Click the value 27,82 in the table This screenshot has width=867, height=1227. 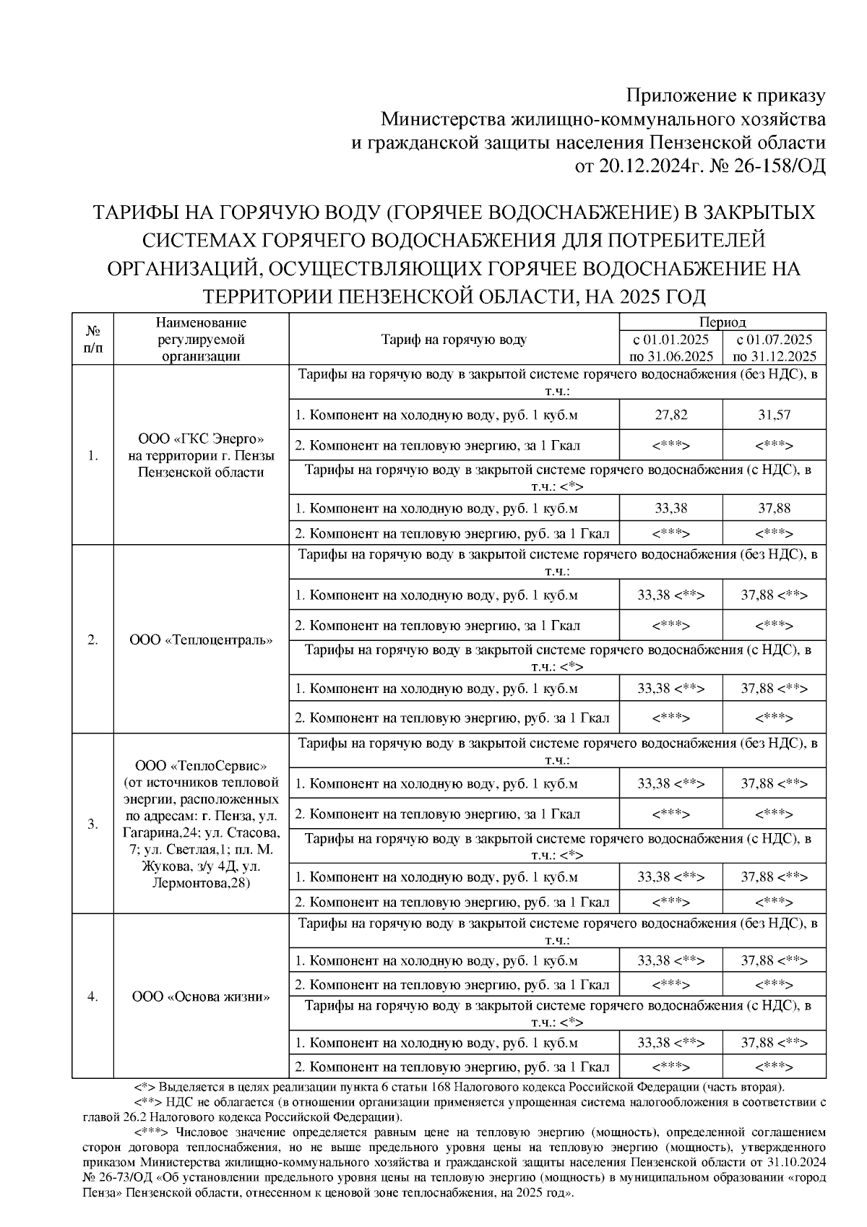[x=670, y=415]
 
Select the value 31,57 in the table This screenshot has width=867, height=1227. [x=774, y=415]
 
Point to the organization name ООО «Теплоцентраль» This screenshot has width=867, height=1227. [x=202, y=640]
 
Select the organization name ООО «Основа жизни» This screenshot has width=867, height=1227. [x=202, y=996]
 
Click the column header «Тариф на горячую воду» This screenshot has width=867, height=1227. [x=454, y=340]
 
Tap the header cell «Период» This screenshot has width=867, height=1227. [x=722, y=322]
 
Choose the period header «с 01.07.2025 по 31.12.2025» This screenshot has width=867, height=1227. [x=774, y=348]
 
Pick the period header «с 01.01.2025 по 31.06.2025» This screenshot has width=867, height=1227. [x=670, y=348]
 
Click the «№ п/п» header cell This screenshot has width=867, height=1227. [x=92, y=340]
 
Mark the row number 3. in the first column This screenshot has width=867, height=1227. [x=92, y=824]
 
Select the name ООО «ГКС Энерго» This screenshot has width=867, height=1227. [x=202, y=439]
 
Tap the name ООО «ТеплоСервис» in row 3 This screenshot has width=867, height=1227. [x=202, y=765]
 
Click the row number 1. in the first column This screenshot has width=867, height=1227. [x=92, y=456]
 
